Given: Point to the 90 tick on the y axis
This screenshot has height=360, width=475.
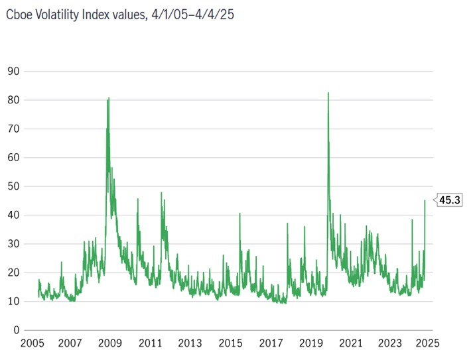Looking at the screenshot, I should (x=13, y=71).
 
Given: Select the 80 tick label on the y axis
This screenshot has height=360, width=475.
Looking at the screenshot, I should (x=13, y=100).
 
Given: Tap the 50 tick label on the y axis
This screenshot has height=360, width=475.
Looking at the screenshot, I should (x=13, y=186).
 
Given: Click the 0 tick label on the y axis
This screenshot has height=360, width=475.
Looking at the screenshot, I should (x=15, y=330).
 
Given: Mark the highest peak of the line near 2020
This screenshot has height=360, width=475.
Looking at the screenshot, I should (x=328, y=93).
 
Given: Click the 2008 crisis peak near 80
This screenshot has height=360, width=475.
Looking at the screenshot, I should (x=108, y=98).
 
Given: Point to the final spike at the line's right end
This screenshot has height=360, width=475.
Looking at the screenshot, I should (x=425, y=200).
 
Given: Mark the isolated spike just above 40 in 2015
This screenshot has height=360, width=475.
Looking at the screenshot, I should (x=239, y=213).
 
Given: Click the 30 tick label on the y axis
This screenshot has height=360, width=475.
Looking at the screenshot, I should (x=13, y=244).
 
